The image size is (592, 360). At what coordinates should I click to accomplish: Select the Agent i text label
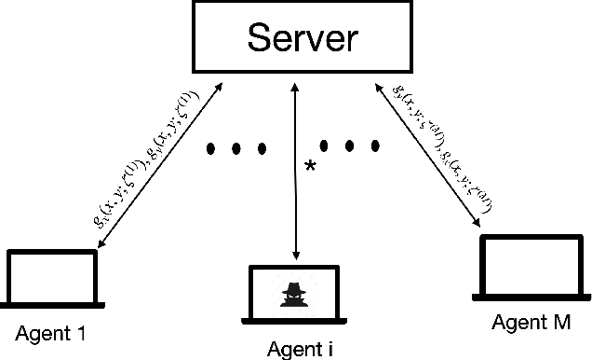(299, 350)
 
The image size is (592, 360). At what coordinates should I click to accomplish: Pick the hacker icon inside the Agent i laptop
(295, 290)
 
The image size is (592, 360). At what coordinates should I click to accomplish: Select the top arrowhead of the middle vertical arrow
(296, 84)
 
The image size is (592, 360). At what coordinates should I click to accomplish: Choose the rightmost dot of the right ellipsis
(375, 145)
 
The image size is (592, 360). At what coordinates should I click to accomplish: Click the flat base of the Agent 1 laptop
(52, 303)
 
